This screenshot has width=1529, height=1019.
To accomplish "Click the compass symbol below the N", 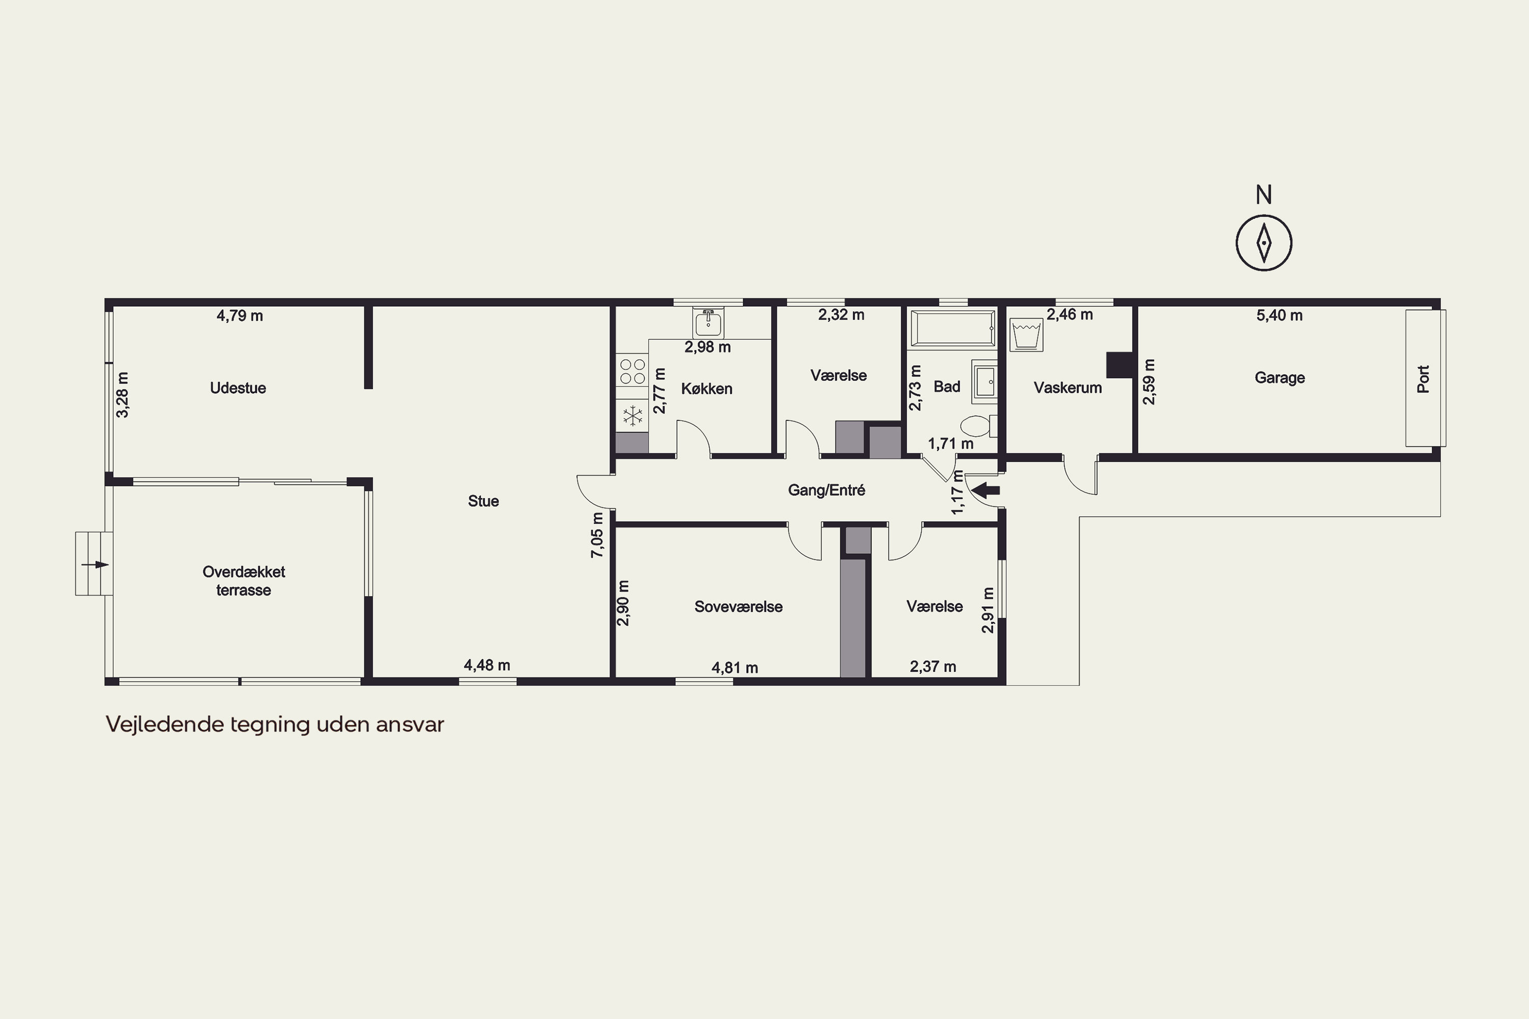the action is click(1264, 243).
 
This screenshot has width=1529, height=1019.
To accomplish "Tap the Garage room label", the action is click(1279, 378).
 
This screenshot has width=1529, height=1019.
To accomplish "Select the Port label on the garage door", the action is click(1423, 379).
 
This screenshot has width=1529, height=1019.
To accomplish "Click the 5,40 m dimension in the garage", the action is click(1279, 316).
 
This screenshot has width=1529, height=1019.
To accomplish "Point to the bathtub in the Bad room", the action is click(953, 329).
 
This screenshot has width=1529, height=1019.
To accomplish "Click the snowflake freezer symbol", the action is click(632, 416).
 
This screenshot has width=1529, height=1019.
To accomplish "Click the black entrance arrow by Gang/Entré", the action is click(987, 490).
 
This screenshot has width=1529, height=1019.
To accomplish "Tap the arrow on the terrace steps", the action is click(95, 564).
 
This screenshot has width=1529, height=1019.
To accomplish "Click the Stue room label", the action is click(484, 501).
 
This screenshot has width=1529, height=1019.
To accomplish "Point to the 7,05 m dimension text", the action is click(597, 535).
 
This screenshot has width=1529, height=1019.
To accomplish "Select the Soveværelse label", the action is click(739, 606).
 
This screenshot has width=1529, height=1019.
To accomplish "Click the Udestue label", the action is click(238, 388).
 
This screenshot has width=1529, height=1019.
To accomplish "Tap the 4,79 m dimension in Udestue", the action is click(240, 316).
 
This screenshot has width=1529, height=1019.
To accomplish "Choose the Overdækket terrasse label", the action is click(244, 581).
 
